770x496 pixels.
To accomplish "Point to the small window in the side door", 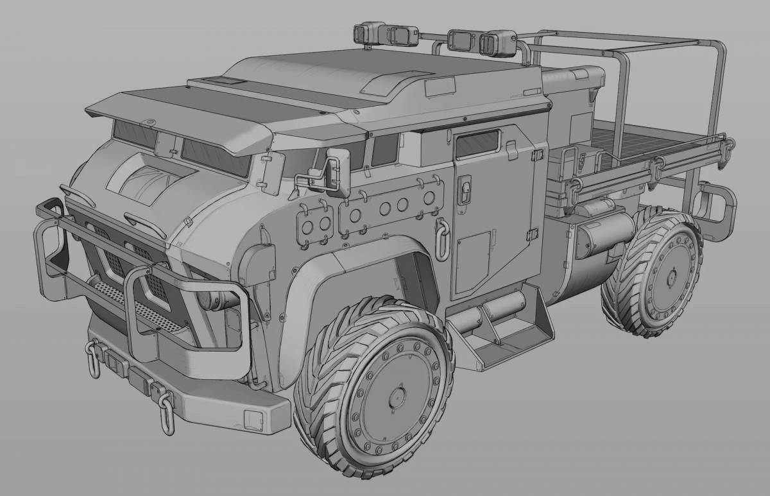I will point(477,144).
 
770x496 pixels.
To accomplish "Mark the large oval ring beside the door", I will point(441,236).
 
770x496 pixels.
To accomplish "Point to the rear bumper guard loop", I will point(717,209).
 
